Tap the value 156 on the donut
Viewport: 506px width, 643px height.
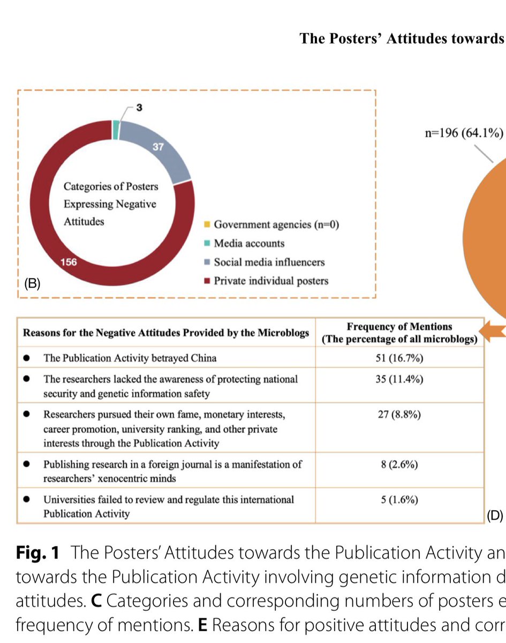tap(70, 263)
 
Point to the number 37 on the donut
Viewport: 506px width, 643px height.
tap(158, 147)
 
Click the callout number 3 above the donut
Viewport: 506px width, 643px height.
tap(139, 108)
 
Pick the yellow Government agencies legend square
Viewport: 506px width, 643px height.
tap(208, 224)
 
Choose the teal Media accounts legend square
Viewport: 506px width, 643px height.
tap(208, 243)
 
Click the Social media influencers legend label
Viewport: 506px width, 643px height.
tap(269, 262)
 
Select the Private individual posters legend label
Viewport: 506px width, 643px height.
tap(271, 281)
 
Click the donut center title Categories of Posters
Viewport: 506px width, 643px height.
tap(111, 186)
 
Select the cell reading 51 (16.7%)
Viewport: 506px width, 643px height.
tap(399, 358)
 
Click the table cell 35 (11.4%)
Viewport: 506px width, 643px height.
tap(399, 380)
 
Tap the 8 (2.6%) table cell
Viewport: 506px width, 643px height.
tap(399, 465)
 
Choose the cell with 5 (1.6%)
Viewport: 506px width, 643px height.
tap(399, 500)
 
